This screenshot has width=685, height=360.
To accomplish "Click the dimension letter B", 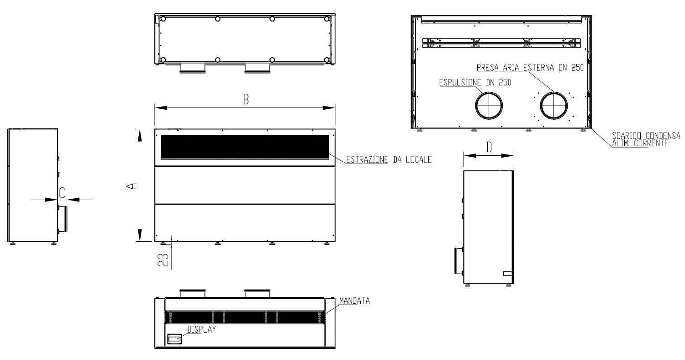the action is [246, 99].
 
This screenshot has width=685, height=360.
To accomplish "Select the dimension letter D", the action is [489, 148].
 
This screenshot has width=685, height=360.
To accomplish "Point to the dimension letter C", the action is [62, 193].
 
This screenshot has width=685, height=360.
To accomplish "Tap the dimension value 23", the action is [163, 260].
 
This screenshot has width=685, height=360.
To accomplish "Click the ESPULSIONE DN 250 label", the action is [475, 83].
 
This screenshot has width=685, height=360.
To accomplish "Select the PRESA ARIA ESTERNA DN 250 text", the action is [530, 68].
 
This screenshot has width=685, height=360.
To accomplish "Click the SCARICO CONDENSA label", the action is [646, 136].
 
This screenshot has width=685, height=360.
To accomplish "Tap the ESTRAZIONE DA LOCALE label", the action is [389, 159].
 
